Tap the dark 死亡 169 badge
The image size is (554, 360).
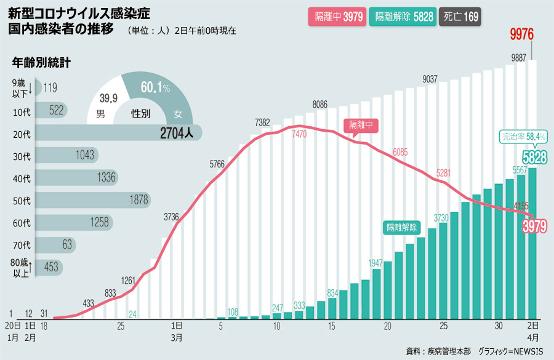460,17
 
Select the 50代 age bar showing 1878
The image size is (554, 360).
92,200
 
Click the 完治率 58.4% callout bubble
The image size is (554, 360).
523,136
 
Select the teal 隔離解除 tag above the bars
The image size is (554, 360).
401,227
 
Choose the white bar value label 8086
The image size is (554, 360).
320,104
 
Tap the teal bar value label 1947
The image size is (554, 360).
375,263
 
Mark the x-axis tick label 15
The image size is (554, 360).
332,326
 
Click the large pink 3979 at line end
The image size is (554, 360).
534,226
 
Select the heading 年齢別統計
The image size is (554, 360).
41,62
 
